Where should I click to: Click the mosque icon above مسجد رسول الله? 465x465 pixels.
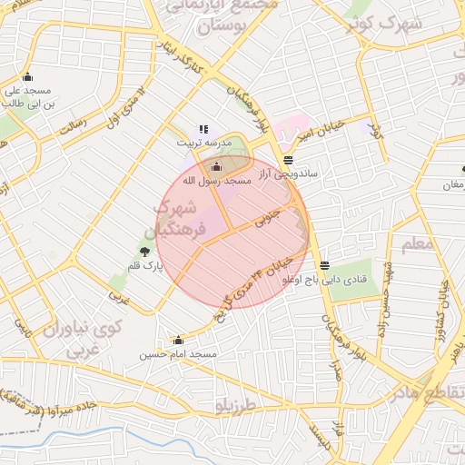tap(216, 166)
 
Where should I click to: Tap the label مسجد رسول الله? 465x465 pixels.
tap(216, 181)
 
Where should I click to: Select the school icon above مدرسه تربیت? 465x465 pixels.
tap(203, 130)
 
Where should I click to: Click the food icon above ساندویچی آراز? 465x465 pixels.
tap(288, 160)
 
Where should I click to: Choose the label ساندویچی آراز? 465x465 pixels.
tap(287, 173)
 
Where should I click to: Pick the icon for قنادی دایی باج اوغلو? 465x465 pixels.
tap(325, 266)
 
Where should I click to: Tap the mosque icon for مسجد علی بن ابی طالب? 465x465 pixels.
tap(27, 77)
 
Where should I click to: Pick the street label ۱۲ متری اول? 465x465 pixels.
tap(126, 107)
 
